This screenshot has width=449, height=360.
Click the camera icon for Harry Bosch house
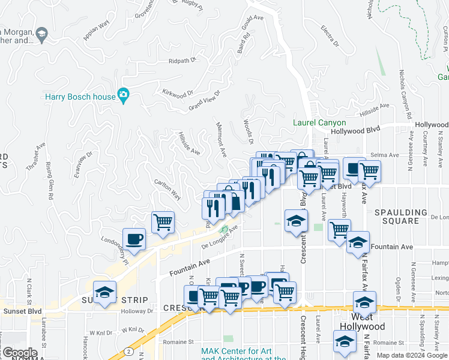tap(124, 95)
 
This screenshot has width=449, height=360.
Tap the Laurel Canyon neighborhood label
tap(319, 123)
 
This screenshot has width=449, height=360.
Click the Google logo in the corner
tap(20, 353)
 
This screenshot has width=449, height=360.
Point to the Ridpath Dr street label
tap(182, 61)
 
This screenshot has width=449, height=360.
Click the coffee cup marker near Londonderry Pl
tap(134, 239)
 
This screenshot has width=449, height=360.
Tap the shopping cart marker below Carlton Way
tap(163, 223)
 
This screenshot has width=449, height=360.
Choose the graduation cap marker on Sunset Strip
tap(105, 293)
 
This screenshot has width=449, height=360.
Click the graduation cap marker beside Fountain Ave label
tap(358, 242)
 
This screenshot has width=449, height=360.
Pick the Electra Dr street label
tap(330, 37)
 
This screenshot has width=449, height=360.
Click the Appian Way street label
tap(96, 30)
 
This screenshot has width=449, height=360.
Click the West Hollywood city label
tap(362, 322)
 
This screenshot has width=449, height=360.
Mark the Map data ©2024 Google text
tap(412, 355)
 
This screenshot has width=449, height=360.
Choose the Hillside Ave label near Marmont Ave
tap(188, 143)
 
